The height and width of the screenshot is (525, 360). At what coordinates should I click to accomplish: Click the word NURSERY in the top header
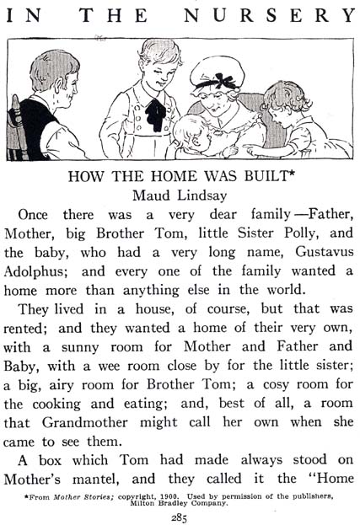287,16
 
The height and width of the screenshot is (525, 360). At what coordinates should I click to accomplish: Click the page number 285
180,517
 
